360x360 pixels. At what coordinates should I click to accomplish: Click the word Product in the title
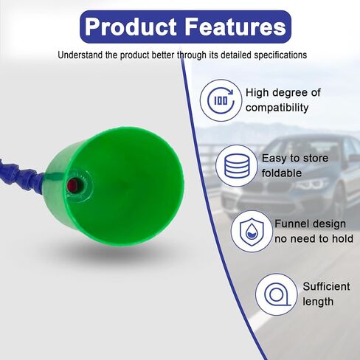coord(131,27)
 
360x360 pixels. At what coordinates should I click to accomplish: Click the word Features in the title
coord(236,27)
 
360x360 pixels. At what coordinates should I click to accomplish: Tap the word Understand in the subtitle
coord(80,55)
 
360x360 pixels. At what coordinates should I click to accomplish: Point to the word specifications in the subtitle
coord(280,55)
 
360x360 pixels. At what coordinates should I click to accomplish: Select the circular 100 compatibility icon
coord(221,100)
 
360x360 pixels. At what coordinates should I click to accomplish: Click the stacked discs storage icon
coord(237,166)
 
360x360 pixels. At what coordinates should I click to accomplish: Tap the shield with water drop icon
coord(252,232)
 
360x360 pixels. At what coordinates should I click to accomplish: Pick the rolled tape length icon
coord(277,294)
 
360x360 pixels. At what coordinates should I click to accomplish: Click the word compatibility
coord(277,108)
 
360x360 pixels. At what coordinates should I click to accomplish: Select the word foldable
coord(282,173)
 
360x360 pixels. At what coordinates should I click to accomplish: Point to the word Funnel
coord(290,224)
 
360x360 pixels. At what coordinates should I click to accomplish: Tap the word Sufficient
coord(326,286)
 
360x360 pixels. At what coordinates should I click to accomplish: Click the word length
coord(318,302)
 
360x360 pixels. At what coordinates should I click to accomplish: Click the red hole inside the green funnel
coord(73,185)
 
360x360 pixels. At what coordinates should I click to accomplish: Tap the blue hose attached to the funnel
coord(21,174)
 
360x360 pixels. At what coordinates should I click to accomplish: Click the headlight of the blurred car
coord(312,184)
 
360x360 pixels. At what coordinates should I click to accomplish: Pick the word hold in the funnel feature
coord(343,238)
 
